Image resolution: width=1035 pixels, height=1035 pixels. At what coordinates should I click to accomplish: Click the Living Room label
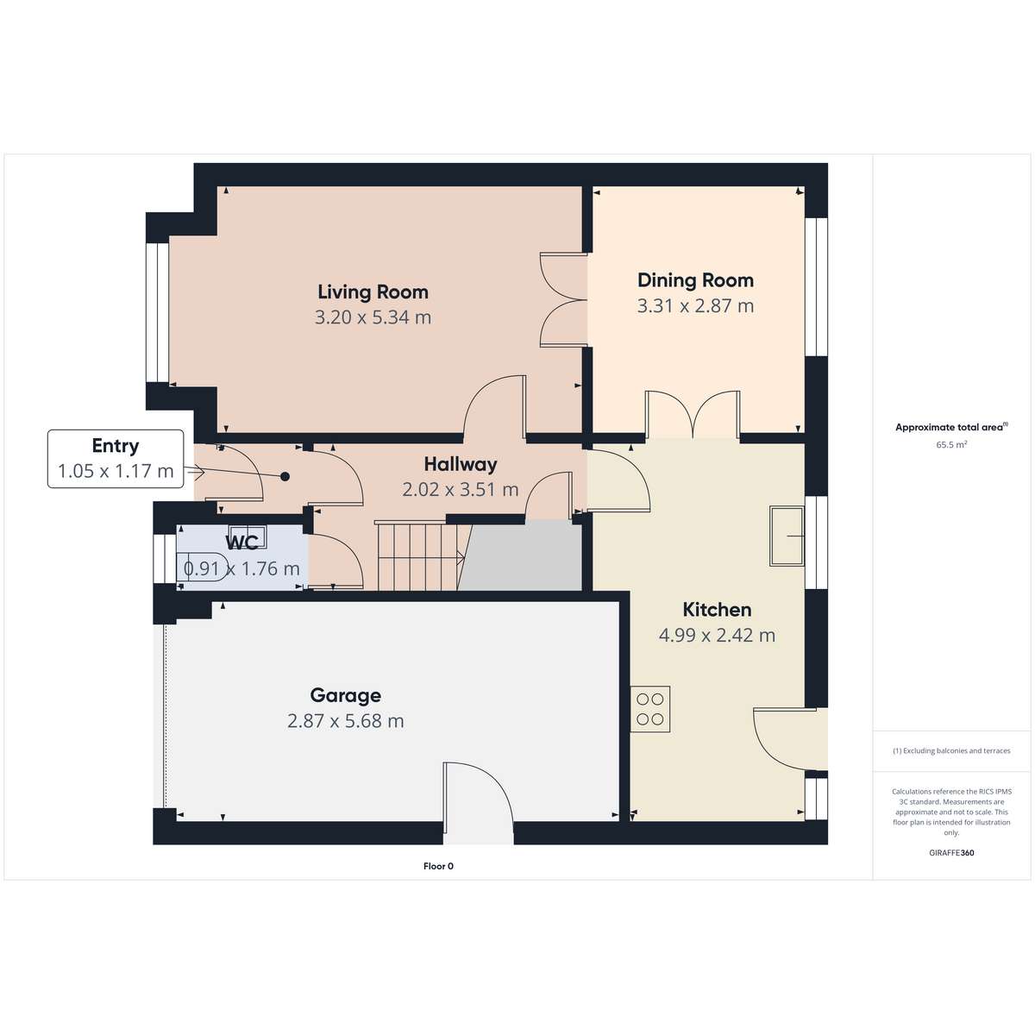[x=373, y=292]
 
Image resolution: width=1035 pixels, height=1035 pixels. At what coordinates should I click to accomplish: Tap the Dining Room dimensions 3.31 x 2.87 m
[x=695, y=305]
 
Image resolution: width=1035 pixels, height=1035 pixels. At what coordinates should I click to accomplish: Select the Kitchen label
[x=717, y=610]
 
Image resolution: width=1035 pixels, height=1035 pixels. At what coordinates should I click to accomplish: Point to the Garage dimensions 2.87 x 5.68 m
[x=345, y=721]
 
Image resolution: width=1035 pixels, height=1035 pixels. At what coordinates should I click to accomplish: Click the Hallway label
[x=461, y=464]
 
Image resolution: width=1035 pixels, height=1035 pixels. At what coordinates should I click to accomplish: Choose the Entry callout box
[x=116, y=459]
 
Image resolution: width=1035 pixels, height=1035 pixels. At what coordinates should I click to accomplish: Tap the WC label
[x=241, y=543]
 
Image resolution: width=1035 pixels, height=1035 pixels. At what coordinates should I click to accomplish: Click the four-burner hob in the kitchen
[x=650, y=709]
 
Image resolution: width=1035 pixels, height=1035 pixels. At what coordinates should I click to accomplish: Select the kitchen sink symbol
[x=787, y=536]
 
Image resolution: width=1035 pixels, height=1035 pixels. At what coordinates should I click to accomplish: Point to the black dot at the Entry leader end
[x=285, y=476]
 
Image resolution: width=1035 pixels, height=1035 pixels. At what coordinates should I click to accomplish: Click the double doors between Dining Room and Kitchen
[x=693, y=415]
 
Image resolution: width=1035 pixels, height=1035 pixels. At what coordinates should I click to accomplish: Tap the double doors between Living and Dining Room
[x=563, y=299]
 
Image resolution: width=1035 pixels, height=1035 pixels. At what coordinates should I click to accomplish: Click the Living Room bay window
[x=157, y=313]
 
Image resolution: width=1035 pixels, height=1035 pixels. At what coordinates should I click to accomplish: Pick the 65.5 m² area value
[x=951, y=445]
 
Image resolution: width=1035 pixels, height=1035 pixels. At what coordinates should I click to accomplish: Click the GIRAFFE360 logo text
[x=951, y=853]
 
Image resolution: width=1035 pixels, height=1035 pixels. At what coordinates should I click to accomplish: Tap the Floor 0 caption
[x=438, y=866]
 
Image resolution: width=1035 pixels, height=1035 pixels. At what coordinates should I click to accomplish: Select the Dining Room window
[x=816, y=287]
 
